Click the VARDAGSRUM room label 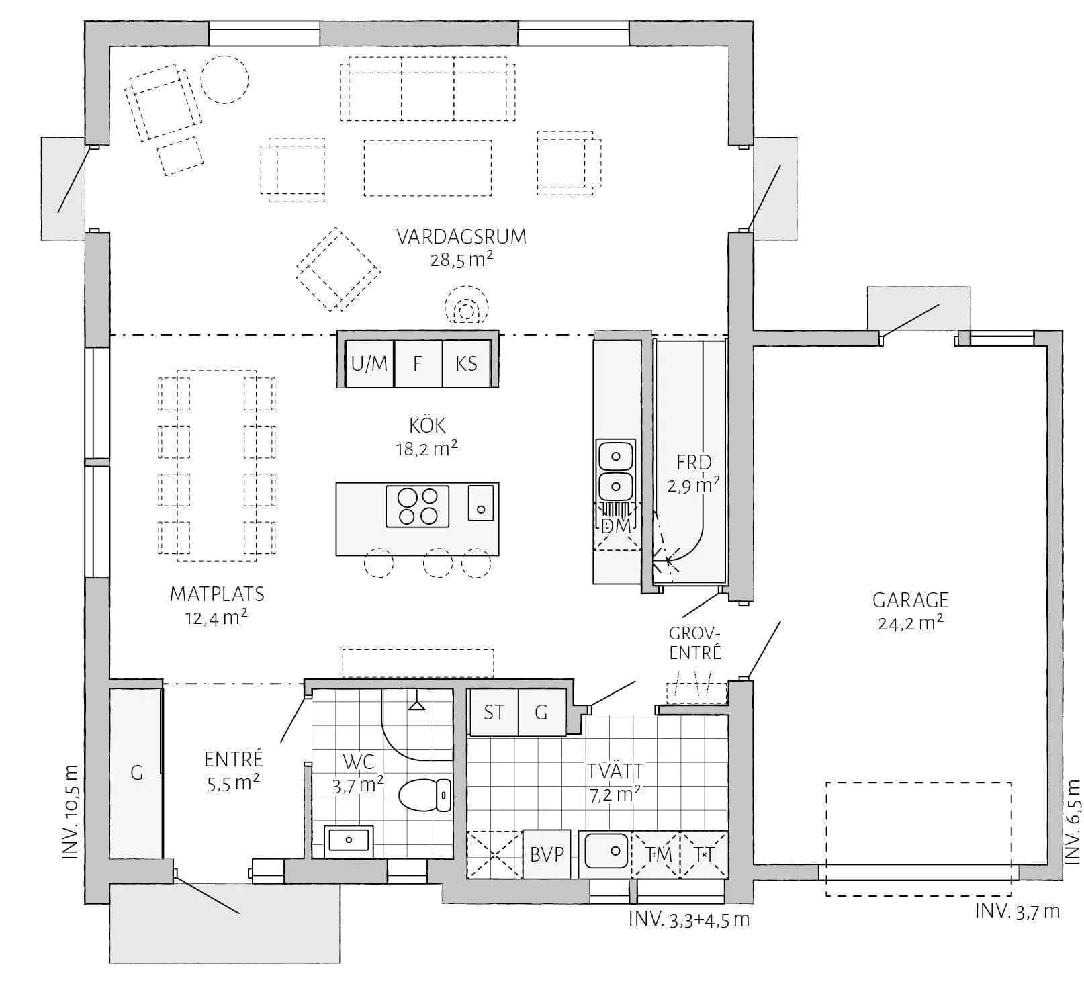461,237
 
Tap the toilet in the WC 426,796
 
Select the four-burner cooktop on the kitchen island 417,506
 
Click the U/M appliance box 369,364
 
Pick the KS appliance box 466,364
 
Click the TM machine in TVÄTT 658,854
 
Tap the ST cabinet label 494,713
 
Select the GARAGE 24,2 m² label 910,611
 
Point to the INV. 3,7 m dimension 1017,911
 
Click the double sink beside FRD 615,470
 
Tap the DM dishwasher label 616,526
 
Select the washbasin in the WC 348,840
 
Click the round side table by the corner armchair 225,79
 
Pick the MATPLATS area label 217,594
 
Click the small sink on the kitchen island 481,502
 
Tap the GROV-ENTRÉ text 694,643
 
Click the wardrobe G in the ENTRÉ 136,773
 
